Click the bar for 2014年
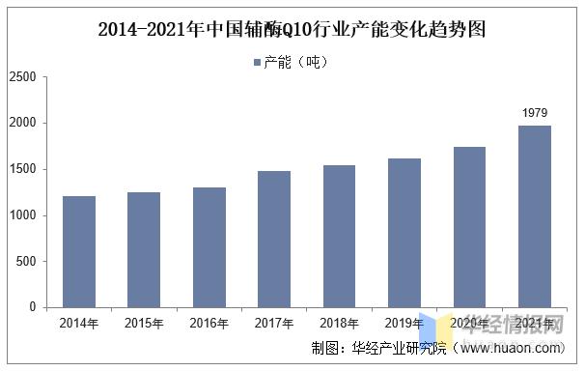click(79, 251)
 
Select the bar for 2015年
click(144, 249)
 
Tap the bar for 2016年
click(209, 247)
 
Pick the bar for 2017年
click(274, 239)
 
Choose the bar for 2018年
click(340, 236)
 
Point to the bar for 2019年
click(404, 233)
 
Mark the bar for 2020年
click(469, 227)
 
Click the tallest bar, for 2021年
click(535, 216)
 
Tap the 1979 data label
click(535, 113)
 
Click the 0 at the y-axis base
click(32, 307)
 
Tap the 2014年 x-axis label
click(79, 323)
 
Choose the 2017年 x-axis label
click(274, 323)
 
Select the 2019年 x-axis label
click(404, 323)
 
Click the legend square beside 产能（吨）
click(257, 62)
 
